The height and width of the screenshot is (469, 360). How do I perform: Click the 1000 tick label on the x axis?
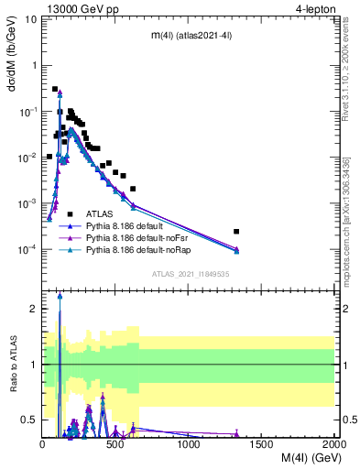(x=189, y=444)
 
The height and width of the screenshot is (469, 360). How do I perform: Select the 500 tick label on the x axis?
(x=115, y=444)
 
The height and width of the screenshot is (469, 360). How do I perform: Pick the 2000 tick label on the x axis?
(x=334, y=444)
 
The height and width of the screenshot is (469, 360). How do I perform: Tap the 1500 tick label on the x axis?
(x=262, y=444)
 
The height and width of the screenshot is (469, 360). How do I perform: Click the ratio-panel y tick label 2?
(x=34, y=310)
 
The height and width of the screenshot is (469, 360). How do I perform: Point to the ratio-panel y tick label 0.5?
(x=30, y=420)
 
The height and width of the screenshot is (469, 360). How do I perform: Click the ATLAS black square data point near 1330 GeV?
(x=236, y=232)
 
